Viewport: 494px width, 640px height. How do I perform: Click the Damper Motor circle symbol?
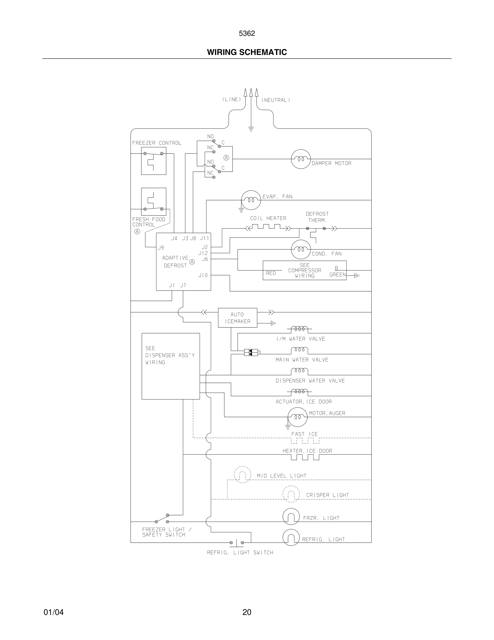tap(301, 159)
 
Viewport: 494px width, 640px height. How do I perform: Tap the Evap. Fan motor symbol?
tap(251, 200)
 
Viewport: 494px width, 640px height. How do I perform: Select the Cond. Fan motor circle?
tap(301, 249)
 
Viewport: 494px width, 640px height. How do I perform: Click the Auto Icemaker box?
tap(237, 318)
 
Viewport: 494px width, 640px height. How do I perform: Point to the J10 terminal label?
tap(203, 275)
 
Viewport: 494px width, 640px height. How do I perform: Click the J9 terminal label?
tap(161, 248)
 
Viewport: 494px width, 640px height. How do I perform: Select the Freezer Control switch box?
tap(154, 161)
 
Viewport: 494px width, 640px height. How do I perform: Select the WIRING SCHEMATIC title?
tap(247, 52)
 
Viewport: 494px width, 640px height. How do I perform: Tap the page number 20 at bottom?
tap(247, 612)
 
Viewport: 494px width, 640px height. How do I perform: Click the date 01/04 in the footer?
tap(54, 612)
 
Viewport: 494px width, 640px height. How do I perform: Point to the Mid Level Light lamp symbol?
tap(242, 475)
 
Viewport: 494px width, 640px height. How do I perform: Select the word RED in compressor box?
tap(271, 273)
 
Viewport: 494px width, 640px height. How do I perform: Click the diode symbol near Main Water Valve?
tap(251, 353)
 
